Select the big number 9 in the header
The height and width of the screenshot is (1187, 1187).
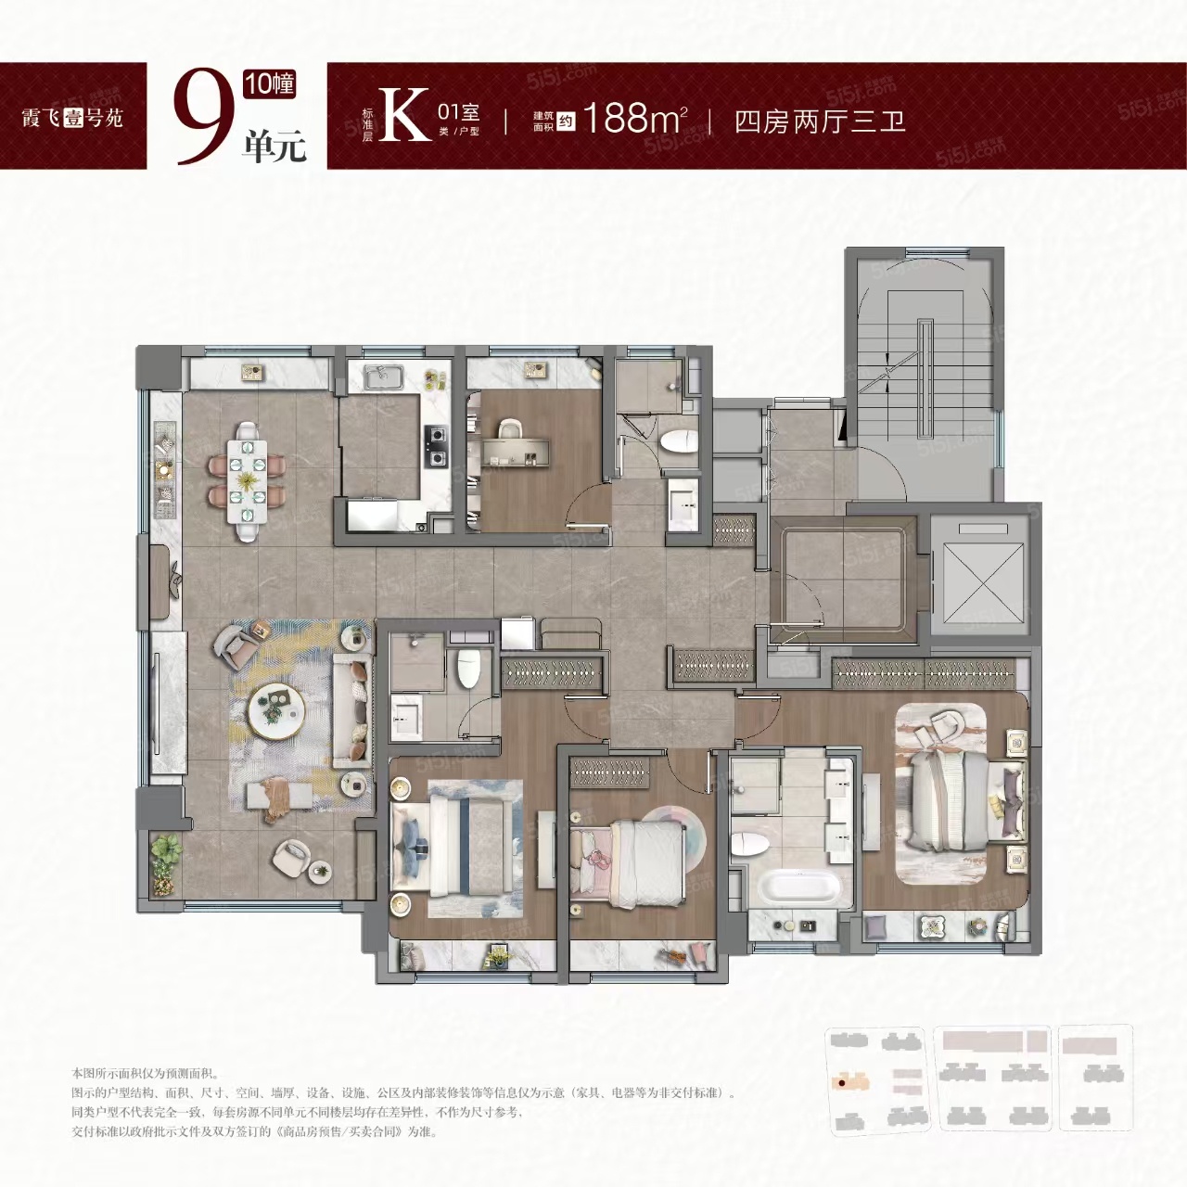point(203,118)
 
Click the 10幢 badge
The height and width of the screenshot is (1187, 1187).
point(270,84)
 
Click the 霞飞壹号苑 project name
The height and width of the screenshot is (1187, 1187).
point(72,118)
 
